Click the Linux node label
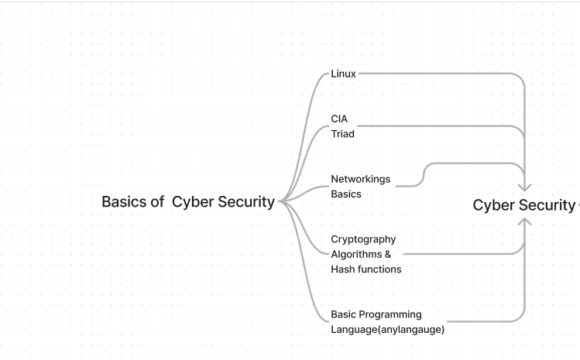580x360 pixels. (343, 74)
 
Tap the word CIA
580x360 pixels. (339, 119)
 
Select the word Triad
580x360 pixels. (342, 134)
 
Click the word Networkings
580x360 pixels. (360, 180)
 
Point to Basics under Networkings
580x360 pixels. (346, 194)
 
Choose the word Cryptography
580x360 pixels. (363, 240)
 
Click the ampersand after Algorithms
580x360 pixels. (388, 255)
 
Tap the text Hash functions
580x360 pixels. (366, 269)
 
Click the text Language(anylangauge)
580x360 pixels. (387, 330)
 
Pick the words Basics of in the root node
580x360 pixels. (132, 202)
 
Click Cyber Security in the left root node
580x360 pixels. (223, 202)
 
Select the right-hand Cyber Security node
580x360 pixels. (523, 205)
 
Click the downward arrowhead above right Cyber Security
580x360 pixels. (525, 187)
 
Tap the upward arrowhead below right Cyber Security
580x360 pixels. (525, 222)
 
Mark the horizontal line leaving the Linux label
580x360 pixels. (434, 74)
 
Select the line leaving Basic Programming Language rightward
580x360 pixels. (480, 321)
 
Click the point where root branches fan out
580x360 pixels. (280, 201)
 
